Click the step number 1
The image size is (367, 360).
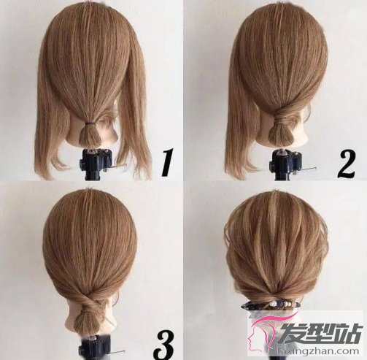point(167,162)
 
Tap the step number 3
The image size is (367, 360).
point(165,345)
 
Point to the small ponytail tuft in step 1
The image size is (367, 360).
point(90,136)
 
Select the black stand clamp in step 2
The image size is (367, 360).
point(285,165)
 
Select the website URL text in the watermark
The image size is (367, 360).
point(319,351)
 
